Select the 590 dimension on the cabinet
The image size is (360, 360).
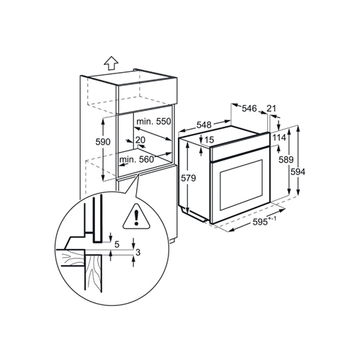(x=104, y=143)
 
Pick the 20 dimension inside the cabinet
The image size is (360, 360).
(x=140, y=140)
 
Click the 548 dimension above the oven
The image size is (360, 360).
(x=189, y=123)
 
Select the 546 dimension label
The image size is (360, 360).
(x=249, y=109)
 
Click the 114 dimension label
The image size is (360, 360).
(x=281, y=137)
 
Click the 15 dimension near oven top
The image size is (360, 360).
(x=210, y=140)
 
